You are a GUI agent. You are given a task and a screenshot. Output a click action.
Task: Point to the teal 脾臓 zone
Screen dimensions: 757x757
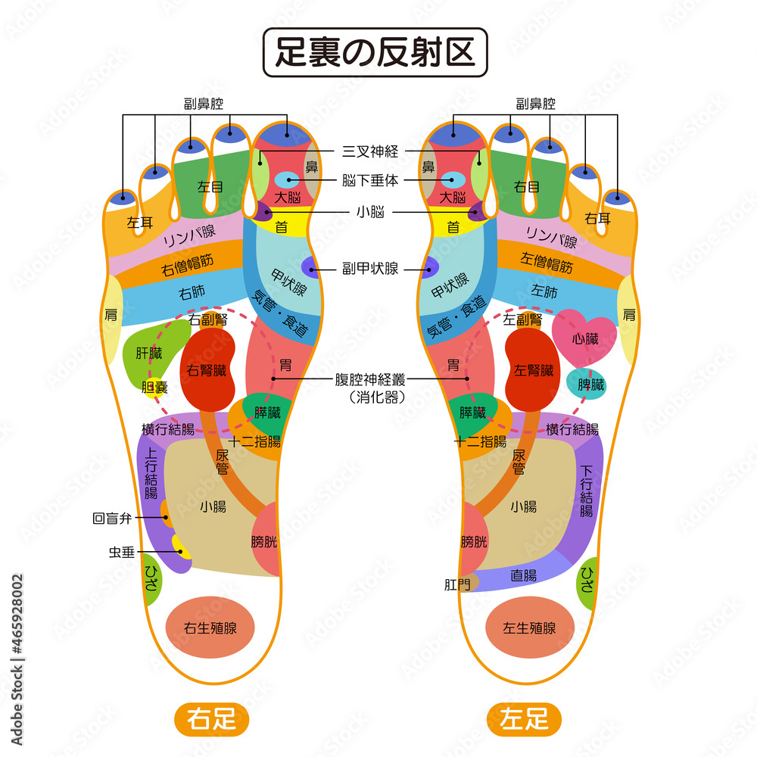[x=587, y=384]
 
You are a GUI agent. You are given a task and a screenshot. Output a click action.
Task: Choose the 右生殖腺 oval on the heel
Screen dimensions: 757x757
[x=209, y=628]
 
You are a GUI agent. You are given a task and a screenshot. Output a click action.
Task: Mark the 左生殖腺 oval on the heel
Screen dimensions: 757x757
[x=530, y=628]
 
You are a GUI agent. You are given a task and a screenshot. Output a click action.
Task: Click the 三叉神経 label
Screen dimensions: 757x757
[x=370, y=151]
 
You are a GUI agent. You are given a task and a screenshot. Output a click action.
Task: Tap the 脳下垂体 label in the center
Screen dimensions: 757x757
[x=370, y=181]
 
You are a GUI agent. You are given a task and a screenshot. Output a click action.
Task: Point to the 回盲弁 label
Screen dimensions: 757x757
[x=112, y=519]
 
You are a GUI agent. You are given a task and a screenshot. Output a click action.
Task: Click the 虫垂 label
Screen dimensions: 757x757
[x=122, y=552]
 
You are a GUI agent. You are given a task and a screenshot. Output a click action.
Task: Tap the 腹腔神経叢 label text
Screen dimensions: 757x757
[x=370, y=380]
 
